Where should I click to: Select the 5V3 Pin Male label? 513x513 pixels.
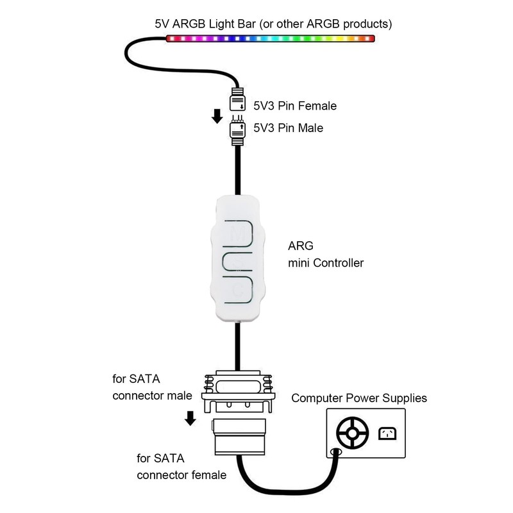[x=288, y=128]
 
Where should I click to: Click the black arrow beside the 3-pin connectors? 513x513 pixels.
[x=217, y=116]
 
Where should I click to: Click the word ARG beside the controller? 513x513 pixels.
[x=299, y=246]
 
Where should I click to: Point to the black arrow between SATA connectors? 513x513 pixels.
[x=190, y=419]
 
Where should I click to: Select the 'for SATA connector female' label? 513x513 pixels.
[x=181, y=467]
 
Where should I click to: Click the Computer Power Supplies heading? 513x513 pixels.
[x=359, y=398]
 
